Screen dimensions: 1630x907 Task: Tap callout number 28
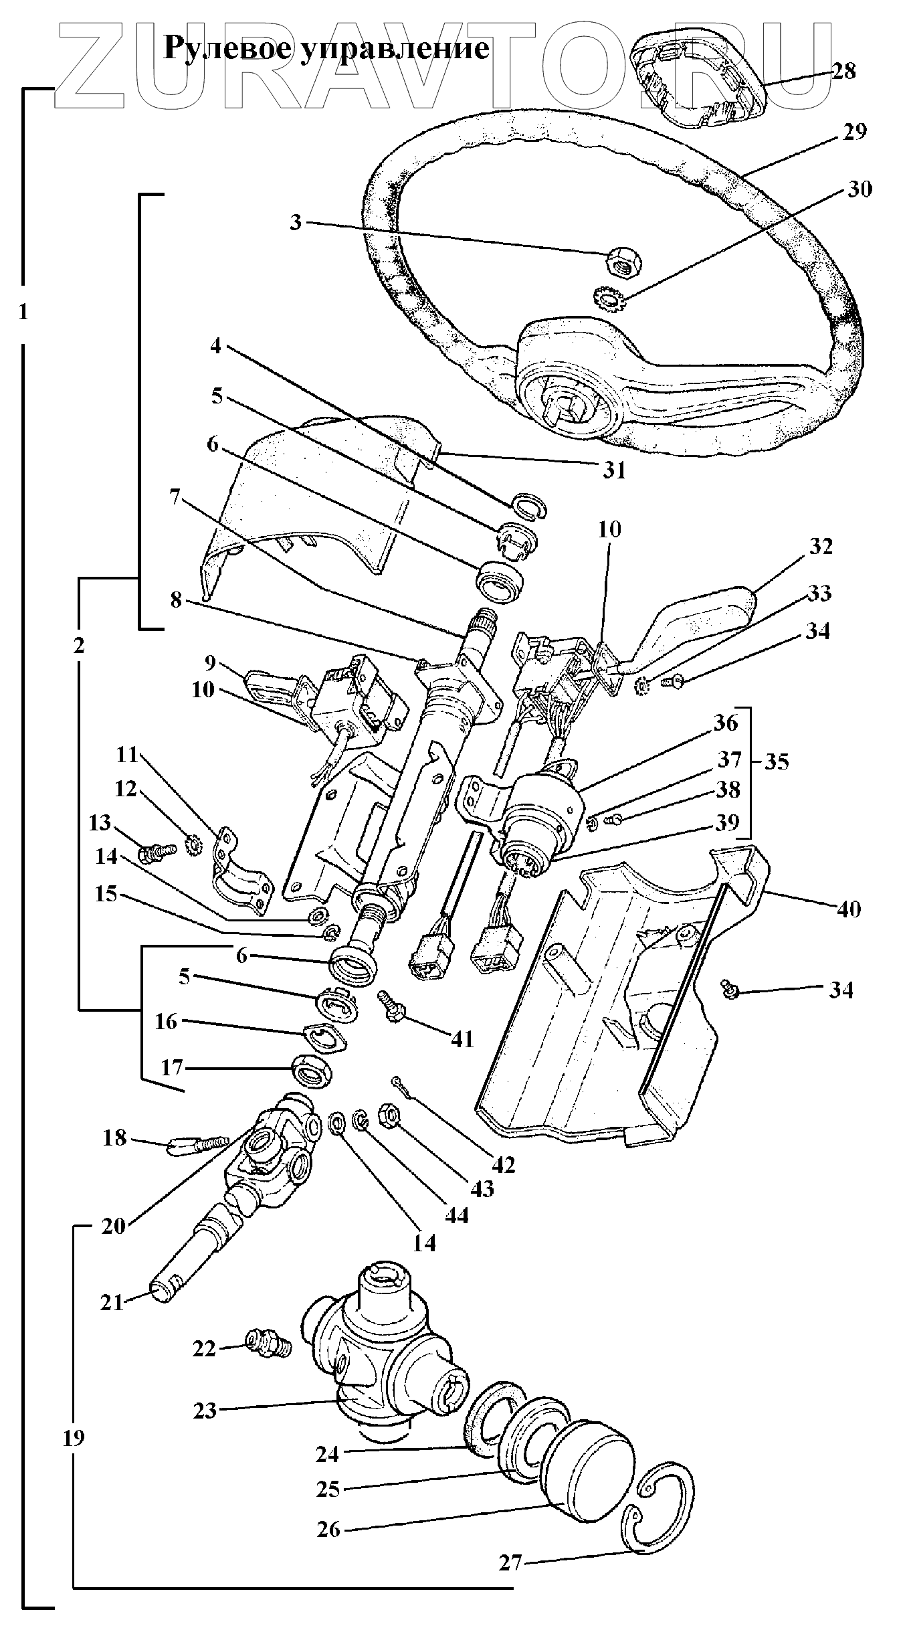[843, 71]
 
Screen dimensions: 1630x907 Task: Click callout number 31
[613, 470]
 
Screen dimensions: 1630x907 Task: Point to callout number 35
[776, 761]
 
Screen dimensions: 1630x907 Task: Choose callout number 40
[849, 909]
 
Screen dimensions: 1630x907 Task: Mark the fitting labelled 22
[268, 1342]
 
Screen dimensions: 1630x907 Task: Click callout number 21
[112, 1302]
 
